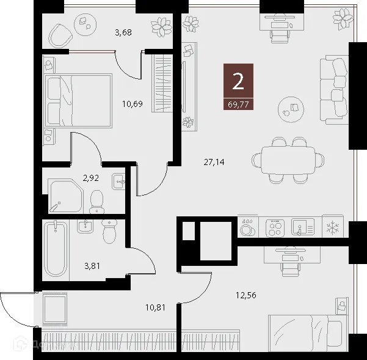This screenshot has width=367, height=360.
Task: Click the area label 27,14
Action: click(213, 163)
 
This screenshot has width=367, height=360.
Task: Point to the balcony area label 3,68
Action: click(123, 32)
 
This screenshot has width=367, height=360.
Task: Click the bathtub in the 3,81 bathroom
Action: click(56, 249)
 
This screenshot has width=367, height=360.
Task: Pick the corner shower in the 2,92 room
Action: click(65, 194)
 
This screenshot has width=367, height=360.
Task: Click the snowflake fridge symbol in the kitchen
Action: click(333, 228)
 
